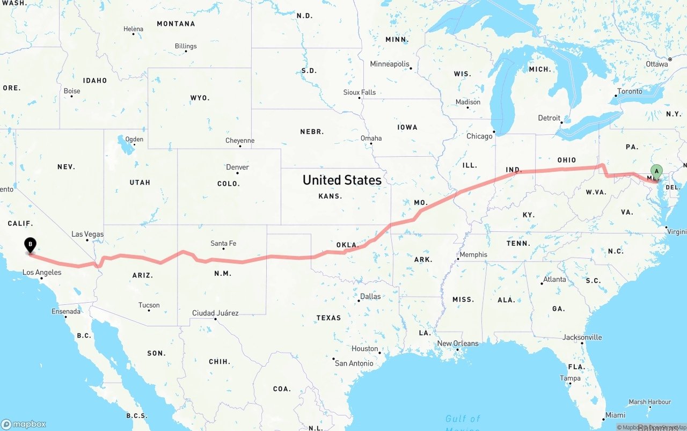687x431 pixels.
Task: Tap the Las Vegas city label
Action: point(87,234)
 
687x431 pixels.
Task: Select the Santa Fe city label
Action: point(223,243)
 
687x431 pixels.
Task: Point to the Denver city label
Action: point(237,167)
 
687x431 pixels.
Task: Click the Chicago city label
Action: point(479,136)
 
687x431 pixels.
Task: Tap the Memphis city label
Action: point(473,254)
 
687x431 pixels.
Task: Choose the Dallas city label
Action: point(370,296)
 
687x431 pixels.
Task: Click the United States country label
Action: point(342,180)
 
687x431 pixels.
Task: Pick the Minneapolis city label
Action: point(390,64)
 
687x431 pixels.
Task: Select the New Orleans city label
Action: point(458,344)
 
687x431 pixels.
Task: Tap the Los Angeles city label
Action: point(42,272)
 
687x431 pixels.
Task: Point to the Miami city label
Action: point(615,415)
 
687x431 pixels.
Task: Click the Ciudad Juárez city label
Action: point(215,313)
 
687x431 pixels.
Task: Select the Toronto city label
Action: point(630,91)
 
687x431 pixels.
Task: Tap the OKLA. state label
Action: point(347,245)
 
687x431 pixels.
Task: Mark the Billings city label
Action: point(186,46)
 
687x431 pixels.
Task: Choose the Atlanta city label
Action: point(554,279)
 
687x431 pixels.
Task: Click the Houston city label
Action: point(365,348)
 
